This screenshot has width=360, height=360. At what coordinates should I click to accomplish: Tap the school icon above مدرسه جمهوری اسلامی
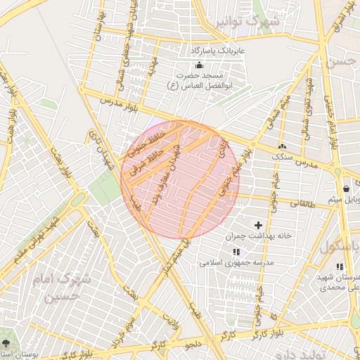tap(236, 251)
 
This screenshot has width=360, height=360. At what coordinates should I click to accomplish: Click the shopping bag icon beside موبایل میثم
tap(346, 188)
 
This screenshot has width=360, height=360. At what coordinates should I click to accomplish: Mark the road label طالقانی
tap(304, 202)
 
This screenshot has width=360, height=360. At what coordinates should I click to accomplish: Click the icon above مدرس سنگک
tap(282, 146)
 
